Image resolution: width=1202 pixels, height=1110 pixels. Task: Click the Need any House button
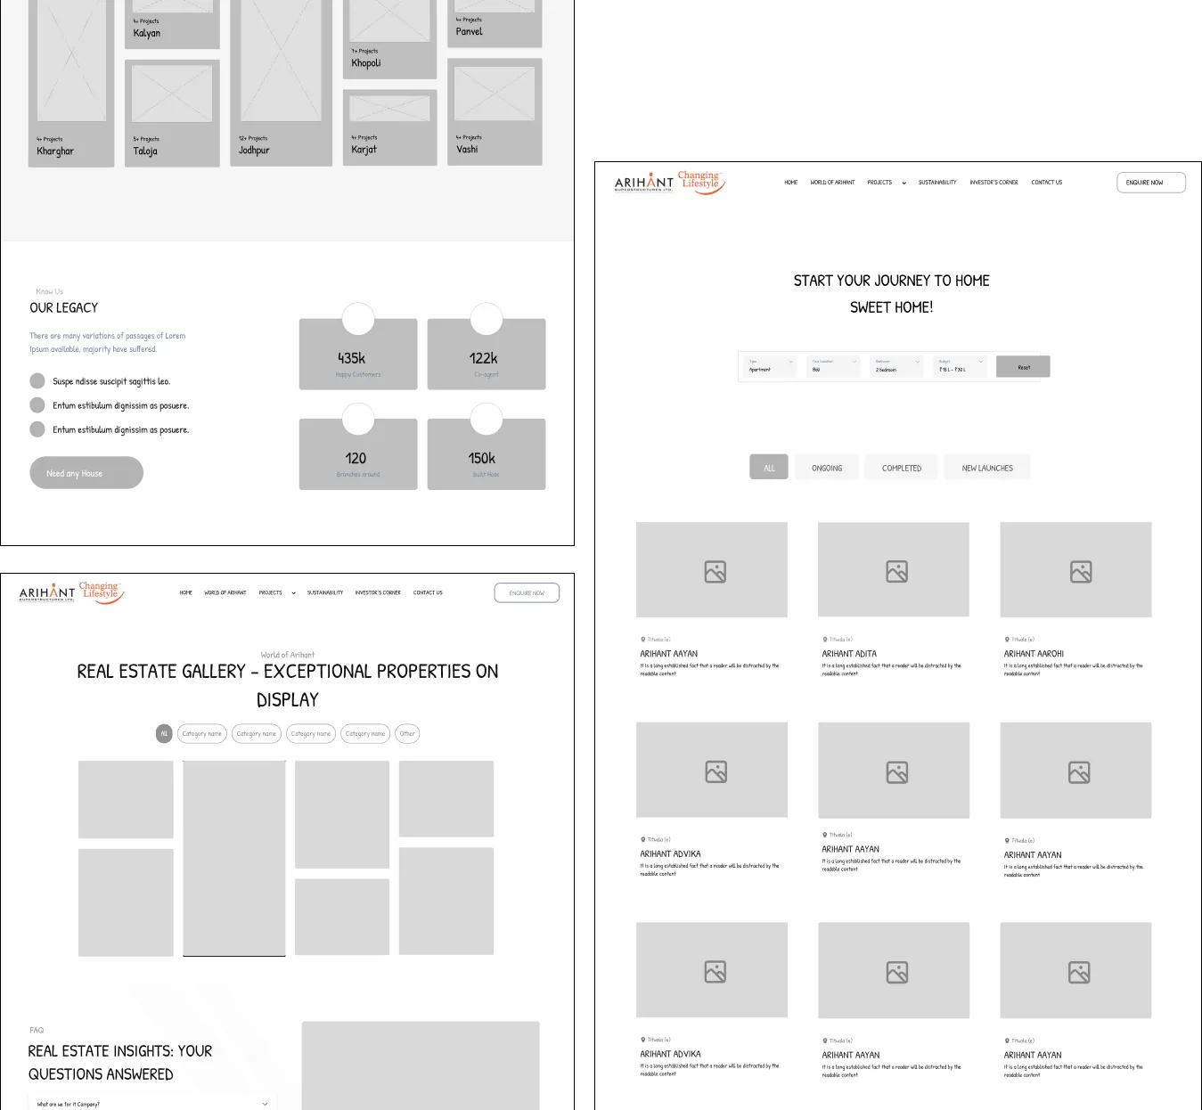(86, 473)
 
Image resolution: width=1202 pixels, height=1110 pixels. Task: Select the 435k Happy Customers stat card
(358, 355)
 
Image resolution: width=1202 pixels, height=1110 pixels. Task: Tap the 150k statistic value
(482, 458)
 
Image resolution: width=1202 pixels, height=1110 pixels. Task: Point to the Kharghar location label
(55, 151)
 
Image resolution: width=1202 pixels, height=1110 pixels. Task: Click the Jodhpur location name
(254, 151)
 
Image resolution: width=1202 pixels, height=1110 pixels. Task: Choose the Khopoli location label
(366, 63)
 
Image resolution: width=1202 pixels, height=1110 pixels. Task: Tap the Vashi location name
(467, 150)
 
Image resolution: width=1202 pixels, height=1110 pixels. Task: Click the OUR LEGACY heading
(64, 307)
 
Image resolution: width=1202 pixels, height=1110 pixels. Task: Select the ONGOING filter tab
(827, 468)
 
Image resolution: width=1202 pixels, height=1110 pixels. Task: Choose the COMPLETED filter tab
(902, 468)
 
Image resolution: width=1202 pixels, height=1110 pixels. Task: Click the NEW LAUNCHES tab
(987, 468)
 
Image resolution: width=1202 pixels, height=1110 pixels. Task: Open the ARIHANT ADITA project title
(849, 654)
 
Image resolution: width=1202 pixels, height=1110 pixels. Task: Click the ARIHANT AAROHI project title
(1034, 654)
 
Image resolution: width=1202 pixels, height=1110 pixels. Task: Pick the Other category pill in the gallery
(407, 734)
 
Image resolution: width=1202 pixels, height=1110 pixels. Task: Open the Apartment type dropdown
(771, 367)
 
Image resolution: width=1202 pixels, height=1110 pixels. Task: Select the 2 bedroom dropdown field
(896, 367)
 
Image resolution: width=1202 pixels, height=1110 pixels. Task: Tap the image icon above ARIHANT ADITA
(896, 571)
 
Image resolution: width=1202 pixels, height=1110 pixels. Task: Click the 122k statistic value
(483, 358)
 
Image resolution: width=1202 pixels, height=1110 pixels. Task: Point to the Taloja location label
(145, 151)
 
